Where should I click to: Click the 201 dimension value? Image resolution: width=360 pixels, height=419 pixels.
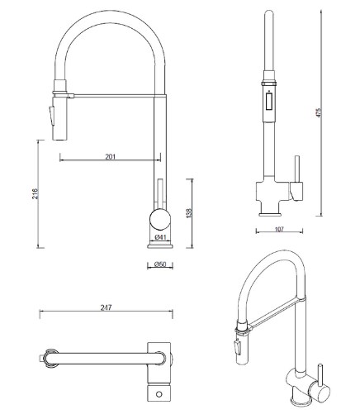[x=110, y=157]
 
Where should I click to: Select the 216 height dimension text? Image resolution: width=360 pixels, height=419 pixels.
[x=35, y=193]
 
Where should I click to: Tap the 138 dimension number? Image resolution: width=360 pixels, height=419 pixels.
[x=189, y=213]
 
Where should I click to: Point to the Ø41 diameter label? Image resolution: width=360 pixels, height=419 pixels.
[x=160, y=236]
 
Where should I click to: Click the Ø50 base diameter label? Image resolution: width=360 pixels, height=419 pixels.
[x=160, y=264]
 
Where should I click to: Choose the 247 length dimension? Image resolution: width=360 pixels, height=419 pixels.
[x=106, y=307]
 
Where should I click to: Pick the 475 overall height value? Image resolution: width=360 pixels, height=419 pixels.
[x=319, y=112]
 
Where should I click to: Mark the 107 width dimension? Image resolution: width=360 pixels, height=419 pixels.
[x=279, y=229]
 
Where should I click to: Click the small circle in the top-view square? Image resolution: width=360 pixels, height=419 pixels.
[x=159, y=394]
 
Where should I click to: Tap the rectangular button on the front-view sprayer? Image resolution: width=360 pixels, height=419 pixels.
[x=269, y=102]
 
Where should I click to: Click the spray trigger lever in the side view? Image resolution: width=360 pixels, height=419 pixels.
[x=52, y=116]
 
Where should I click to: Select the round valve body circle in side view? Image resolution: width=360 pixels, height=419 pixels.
[x=160, y=219]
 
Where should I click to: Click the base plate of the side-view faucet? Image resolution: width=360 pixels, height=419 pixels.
[x=160, y=246]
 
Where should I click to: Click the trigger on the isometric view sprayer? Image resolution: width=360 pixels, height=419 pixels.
[x=237, y=346]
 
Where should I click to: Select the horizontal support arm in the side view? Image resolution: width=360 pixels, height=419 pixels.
[x=114, y=96]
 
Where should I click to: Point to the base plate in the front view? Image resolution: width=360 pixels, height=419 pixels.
[x=270, y=214]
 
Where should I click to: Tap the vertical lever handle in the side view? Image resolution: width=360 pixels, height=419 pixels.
[x=159, y=194]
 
